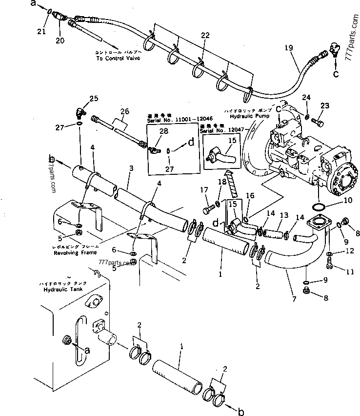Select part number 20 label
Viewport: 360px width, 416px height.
pyautogui.click(x=60, y=41)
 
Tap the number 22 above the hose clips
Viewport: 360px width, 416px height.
pyautogui.click(x=205, y=35)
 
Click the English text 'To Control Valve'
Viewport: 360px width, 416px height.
pyautogui.click(x=118, y=58)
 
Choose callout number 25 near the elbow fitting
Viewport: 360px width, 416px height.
pyautogui.click(x=93, y=99)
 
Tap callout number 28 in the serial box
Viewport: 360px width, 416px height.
pyautogui.click(x=164, y=131)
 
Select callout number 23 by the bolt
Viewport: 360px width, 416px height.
pyautogui.click(x=325, y=105)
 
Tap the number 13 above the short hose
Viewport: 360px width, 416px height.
pyautogui.click(x=283, y=215)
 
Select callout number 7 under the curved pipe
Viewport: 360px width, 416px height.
pyautogui.click(x=293, y=299)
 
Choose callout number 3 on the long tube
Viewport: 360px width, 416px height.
pyautogui.click(x=131, y=168)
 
